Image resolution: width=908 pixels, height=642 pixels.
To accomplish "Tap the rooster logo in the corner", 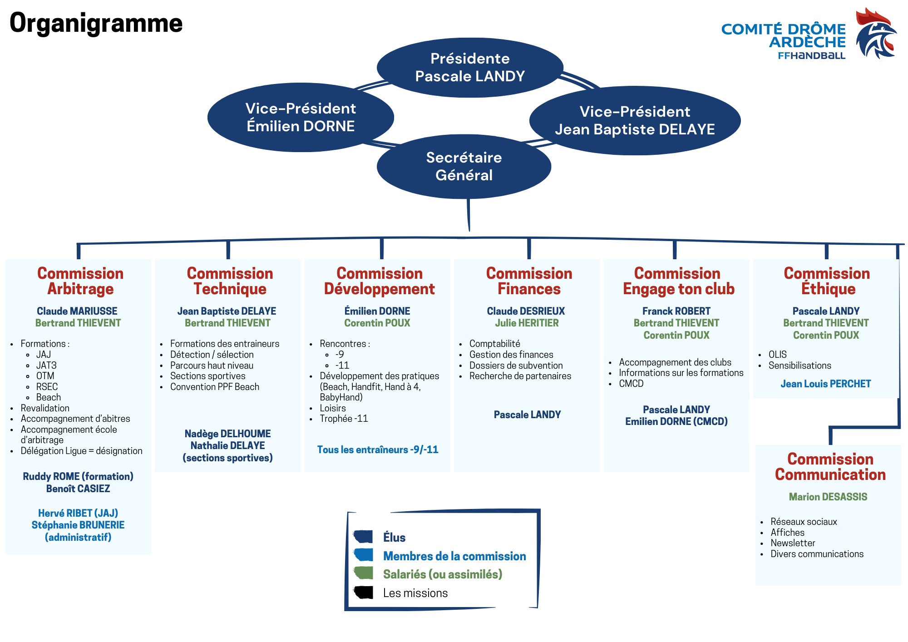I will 876,34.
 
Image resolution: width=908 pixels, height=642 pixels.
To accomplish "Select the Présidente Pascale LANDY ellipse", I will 470,67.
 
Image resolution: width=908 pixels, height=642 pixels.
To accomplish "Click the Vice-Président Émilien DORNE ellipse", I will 301,117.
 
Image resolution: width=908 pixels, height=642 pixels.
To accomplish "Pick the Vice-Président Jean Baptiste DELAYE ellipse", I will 635,120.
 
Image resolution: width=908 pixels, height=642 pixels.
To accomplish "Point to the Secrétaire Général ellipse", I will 464,166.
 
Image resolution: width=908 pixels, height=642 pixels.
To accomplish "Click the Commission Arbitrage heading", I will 80,281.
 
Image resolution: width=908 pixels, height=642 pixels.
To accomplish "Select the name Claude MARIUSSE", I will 77,311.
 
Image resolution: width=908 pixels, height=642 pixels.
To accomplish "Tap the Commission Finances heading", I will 529,281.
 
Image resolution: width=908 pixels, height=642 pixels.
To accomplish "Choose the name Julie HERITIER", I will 527,323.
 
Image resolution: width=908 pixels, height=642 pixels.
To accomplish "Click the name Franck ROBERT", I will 676,311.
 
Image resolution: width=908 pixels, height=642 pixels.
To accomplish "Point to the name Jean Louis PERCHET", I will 825,384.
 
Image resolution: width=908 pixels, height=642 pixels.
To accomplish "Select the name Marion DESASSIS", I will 828,497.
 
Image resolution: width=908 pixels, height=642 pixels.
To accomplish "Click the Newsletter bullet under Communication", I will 793,543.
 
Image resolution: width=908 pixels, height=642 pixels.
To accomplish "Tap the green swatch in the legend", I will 364,573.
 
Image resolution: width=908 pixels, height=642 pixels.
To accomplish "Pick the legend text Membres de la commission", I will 454,556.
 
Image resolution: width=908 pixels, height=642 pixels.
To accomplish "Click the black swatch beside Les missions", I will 364,593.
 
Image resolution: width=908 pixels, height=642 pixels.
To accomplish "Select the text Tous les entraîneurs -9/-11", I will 378,449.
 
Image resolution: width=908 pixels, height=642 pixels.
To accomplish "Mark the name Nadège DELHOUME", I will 227,434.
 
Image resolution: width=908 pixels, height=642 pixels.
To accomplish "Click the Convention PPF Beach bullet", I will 215,387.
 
